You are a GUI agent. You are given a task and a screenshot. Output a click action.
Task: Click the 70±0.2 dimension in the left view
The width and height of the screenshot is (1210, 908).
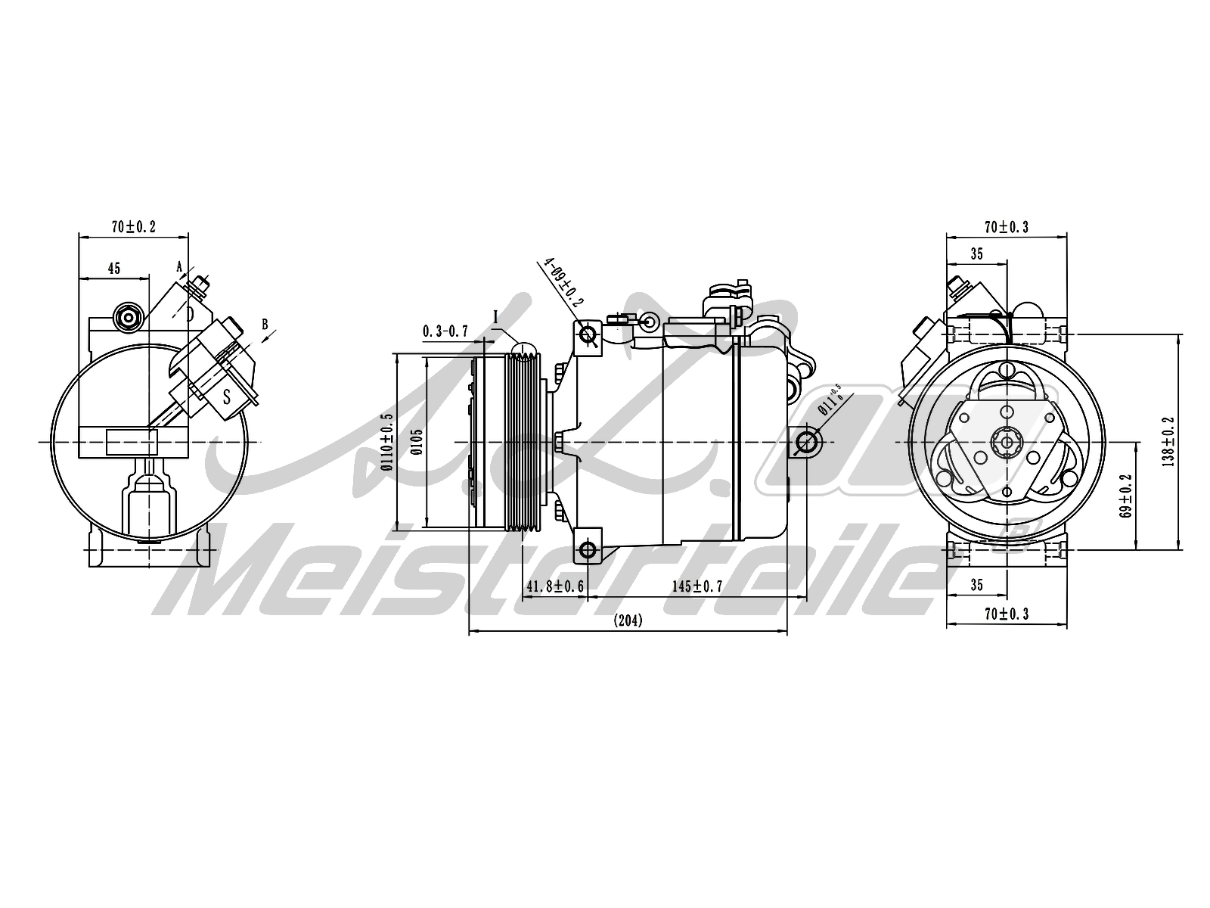pos(133,227)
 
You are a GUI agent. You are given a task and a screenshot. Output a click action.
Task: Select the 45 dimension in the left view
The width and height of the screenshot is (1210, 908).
pos(114,268)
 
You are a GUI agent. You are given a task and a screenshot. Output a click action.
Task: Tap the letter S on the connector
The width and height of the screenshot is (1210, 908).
pos(226,394)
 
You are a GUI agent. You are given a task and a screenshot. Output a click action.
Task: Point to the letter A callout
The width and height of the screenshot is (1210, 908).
pos(179,266)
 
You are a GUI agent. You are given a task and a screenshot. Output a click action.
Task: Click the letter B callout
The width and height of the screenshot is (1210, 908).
pos(265,324)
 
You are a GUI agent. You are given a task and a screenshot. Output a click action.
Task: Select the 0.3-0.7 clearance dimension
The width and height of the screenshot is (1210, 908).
pos(445,331)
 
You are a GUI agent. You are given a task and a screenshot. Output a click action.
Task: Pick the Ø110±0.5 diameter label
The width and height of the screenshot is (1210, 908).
pos(387,443)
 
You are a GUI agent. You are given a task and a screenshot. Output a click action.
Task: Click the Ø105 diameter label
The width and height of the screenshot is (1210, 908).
pos(417,443)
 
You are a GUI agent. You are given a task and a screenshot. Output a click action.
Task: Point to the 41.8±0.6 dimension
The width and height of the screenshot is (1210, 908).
pos(554,586)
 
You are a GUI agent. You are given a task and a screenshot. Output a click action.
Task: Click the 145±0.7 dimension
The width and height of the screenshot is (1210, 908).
pos(697,586)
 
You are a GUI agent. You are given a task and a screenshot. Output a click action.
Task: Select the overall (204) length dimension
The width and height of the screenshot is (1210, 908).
pos(628,621)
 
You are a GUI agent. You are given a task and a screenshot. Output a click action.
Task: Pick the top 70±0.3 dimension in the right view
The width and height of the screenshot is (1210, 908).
pos(1006,227)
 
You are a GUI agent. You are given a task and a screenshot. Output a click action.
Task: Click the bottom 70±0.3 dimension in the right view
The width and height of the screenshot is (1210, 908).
pos(1006,614)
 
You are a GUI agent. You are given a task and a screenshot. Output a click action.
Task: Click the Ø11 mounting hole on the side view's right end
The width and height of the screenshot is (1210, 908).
pos(806,442)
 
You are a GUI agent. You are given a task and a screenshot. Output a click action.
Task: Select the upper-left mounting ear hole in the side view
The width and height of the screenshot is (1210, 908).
pos(588,334)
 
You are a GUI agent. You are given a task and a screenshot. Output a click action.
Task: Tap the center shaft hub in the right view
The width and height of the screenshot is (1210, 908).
pos(1007,443)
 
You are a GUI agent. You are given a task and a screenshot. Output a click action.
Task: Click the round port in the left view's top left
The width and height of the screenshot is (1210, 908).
pos(127,318)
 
